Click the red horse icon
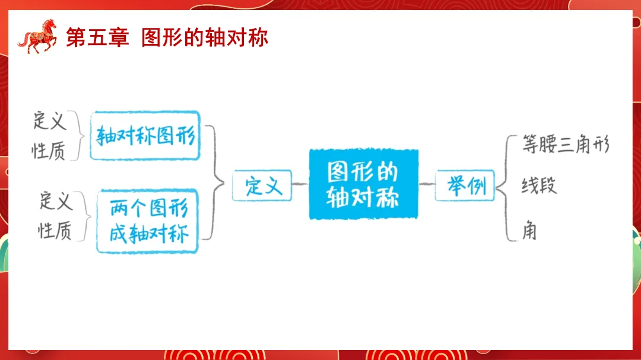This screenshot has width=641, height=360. (37, 37)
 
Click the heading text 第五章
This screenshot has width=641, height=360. (97, 37)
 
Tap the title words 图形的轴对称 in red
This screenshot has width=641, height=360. (205, 37)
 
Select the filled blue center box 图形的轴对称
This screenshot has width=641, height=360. (363, 184)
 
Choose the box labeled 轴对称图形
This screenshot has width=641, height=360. (145, 136)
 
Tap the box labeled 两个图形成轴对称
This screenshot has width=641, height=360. (148, 221)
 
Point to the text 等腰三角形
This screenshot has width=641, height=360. (565, 144)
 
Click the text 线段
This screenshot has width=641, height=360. (539, 186)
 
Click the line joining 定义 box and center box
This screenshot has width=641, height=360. (300, 184)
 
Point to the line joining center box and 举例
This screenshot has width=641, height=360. (427, 184)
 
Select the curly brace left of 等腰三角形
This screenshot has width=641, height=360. (504, 187)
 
